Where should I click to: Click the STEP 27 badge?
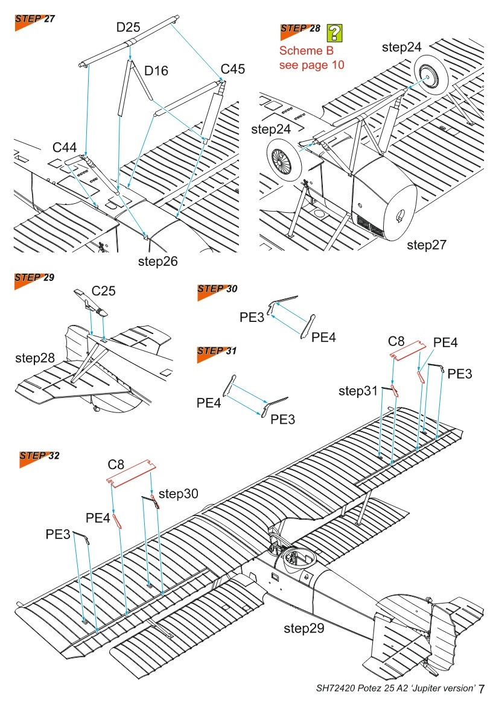34,19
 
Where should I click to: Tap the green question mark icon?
334,33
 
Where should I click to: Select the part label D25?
129,27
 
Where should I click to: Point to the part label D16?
156,71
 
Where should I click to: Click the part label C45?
233,69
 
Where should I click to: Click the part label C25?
104,291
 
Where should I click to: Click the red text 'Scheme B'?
306,51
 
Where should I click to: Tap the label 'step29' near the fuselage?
304,629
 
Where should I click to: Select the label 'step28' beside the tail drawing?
34,358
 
